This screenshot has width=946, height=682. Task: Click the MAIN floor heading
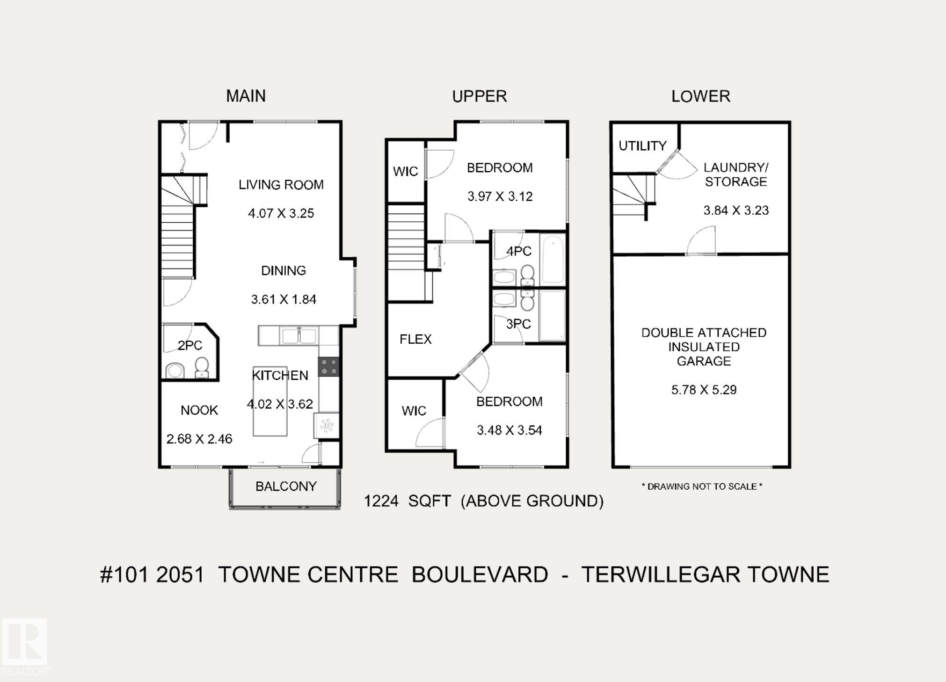point(246,96)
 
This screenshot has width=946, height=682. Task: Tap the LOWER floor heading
point(700,96)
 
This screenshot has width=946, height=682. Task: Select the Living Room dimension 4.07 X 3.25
point(281,213)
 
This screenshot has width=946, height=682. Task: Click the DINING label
point(284,270)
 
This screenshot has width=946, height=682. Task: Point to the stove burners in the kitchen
point(329,367)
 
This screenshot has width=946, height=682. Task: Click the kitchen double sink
point(298,336)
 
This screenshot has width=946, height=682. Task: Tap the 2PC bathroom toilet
point(202,368)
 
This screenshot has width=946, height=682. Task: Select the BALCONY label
point(286,486)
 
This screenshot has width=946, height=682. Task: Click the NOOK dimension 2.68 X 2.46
point(199,439)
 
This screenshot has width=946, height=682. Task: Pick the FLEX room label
point(415,339)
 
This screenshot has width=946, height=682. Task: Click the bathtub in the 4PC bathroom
point(553,260)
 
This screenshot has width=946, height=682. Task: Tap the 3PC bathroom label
point(519,324)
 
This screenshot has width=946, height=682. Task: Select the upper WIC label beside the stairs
point(406,171)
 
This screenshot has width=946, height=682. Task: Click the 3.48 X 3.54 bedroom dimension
point(509,430)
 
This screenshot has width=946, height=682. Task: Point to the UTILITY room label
point(642,146)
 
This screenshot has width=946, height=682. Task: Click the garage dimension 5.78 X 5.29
point(704,390)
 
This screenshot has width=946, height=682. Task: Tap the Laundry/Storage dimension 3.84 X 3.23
point(736,210)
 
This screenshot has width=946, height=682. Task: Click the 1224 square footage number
point(381,501)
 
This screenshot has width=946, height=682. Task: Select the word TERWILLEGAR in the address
point(660,574)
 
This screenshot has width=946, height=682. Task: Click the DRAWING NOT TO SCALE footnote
point(702,486)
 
